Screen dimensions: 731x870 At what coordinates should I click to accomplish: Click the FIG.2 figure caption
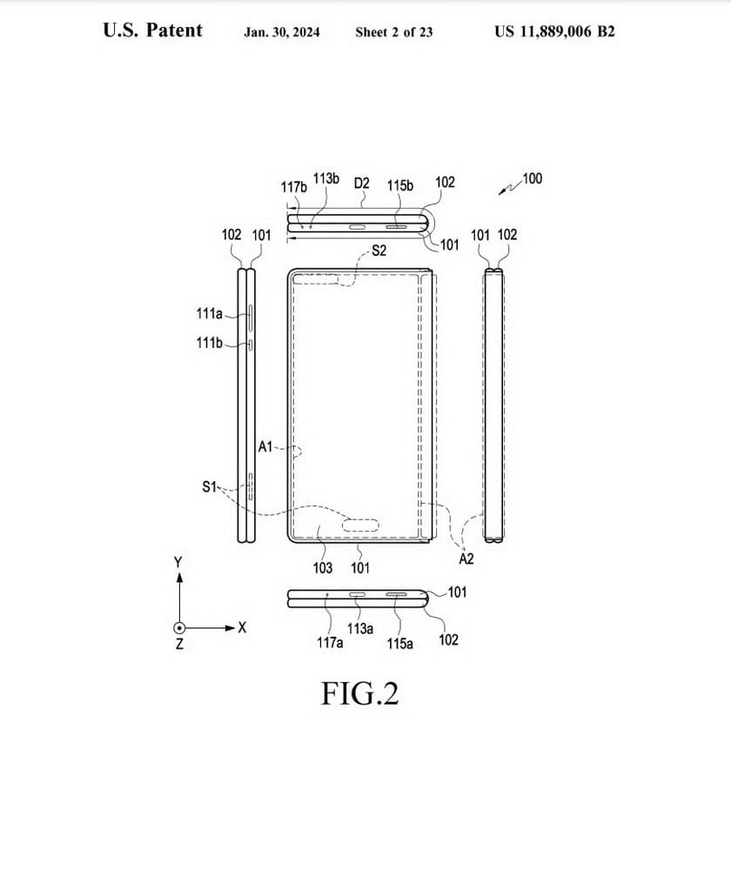pyautogui.click(x=359, y=693)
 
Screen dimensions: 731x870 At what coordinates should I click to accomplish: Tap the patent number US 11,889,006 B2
pyautogui.click(x=554, y=31)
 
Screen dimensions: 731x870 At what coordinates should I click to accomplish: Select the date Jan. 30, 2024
pyautogui.click(x=282, y=32)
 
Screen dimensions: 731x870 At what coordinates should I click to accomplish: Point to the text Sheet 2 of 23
pyautogui.click(x=394, y=32)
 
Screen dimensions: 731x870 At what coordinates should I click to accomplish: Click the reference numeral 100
pyautogui.click(x=533, y=178)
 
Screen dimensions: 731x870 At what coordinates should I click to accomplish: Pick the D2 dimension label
pyautogui.click(x=361, y=183)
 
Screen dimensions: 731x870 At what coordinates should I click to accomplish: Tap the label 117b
pyautogui.click(x=293, y=187)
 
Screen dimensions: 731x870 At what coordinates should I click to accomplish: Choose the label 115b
pyautogui.click(x=400, y=185)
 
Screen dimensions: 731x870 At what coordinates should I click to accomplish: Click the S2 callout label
pyautogui.click(x=379, y=251)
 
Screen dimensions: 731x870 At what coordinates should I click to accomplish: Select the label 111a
pyautogui.click(x=209, y=314)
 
